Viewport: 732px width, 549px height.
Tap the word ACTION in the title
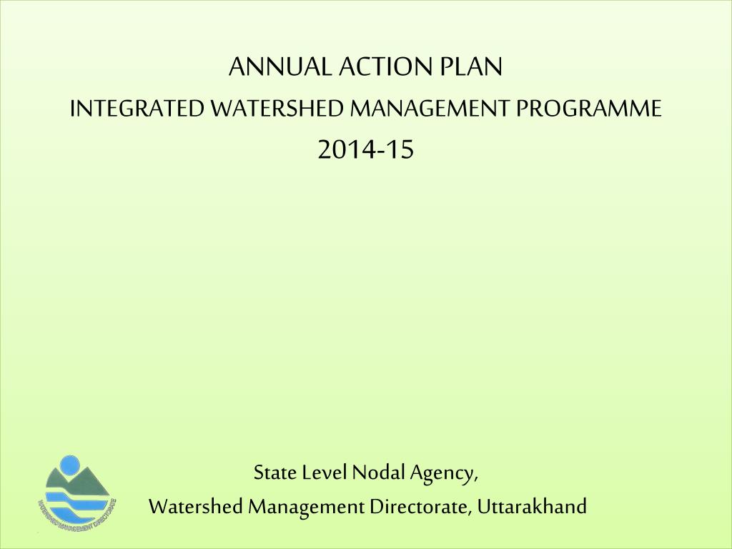[385, 67]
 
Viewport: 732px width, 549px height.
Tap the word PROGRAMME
[590, 109]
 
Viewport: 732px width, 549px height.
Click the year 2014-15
[366, 150]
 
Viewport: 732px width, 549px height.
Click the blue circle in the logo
[70, 466]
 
